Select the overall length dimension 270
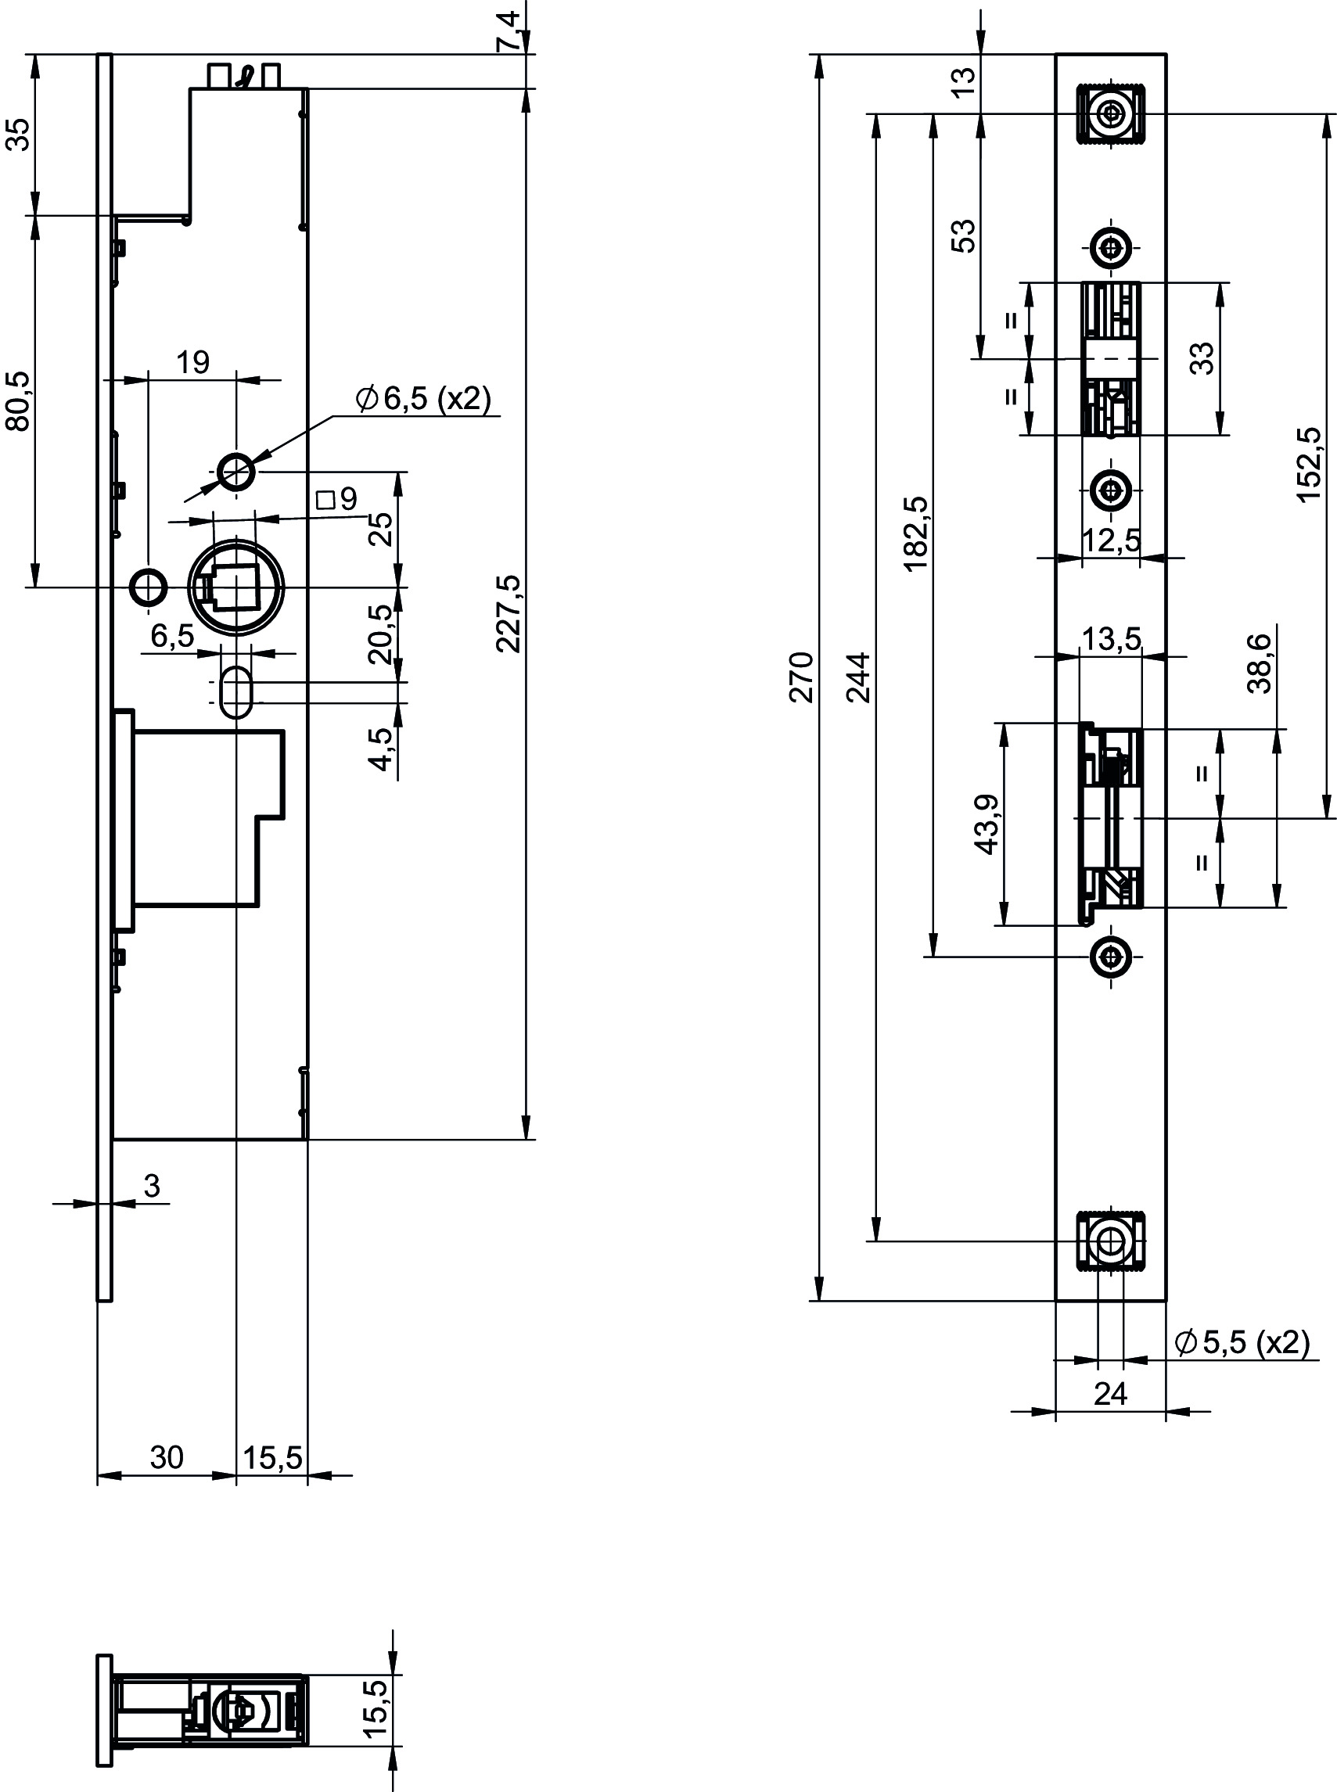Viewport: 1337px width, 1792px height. pyautogui.click(x=801, y=677)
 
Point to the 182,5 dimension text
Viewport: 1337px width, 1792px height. pyautogui.click(x=916, y=533)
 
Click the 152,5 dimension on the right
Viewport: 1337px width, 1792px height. pyautogui.click(x=1308, y=465)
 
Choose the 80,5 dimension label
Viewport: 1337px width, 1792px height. pyautogui.click(x=18, y=401)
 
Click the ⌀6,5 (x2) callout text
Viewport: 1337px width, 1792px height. pyautogui.click(x=424, y=398)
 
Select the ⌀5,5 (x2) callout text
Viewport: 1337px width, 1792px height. pyautogui.click(x=1242, y=1342)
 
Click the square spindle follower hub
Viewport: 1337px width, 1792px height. pyautogui.click(x=236, y=587)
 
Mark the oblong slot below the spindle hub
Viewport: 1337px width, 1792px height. pyautogui.click(x=236, y=691)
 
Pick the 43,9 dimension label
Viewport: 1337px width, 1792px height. pyautogui.click(x=987, y=824)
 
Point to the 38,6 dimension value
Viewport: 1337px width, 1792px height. pyautogui.click(x=1260, y=663)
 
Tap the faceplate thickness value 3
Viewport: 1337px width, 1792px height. pyautogui.click(x=152, y=1186)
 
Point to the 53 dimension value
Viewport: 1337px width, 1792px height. pyautogui.click(x=965, y=236)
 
